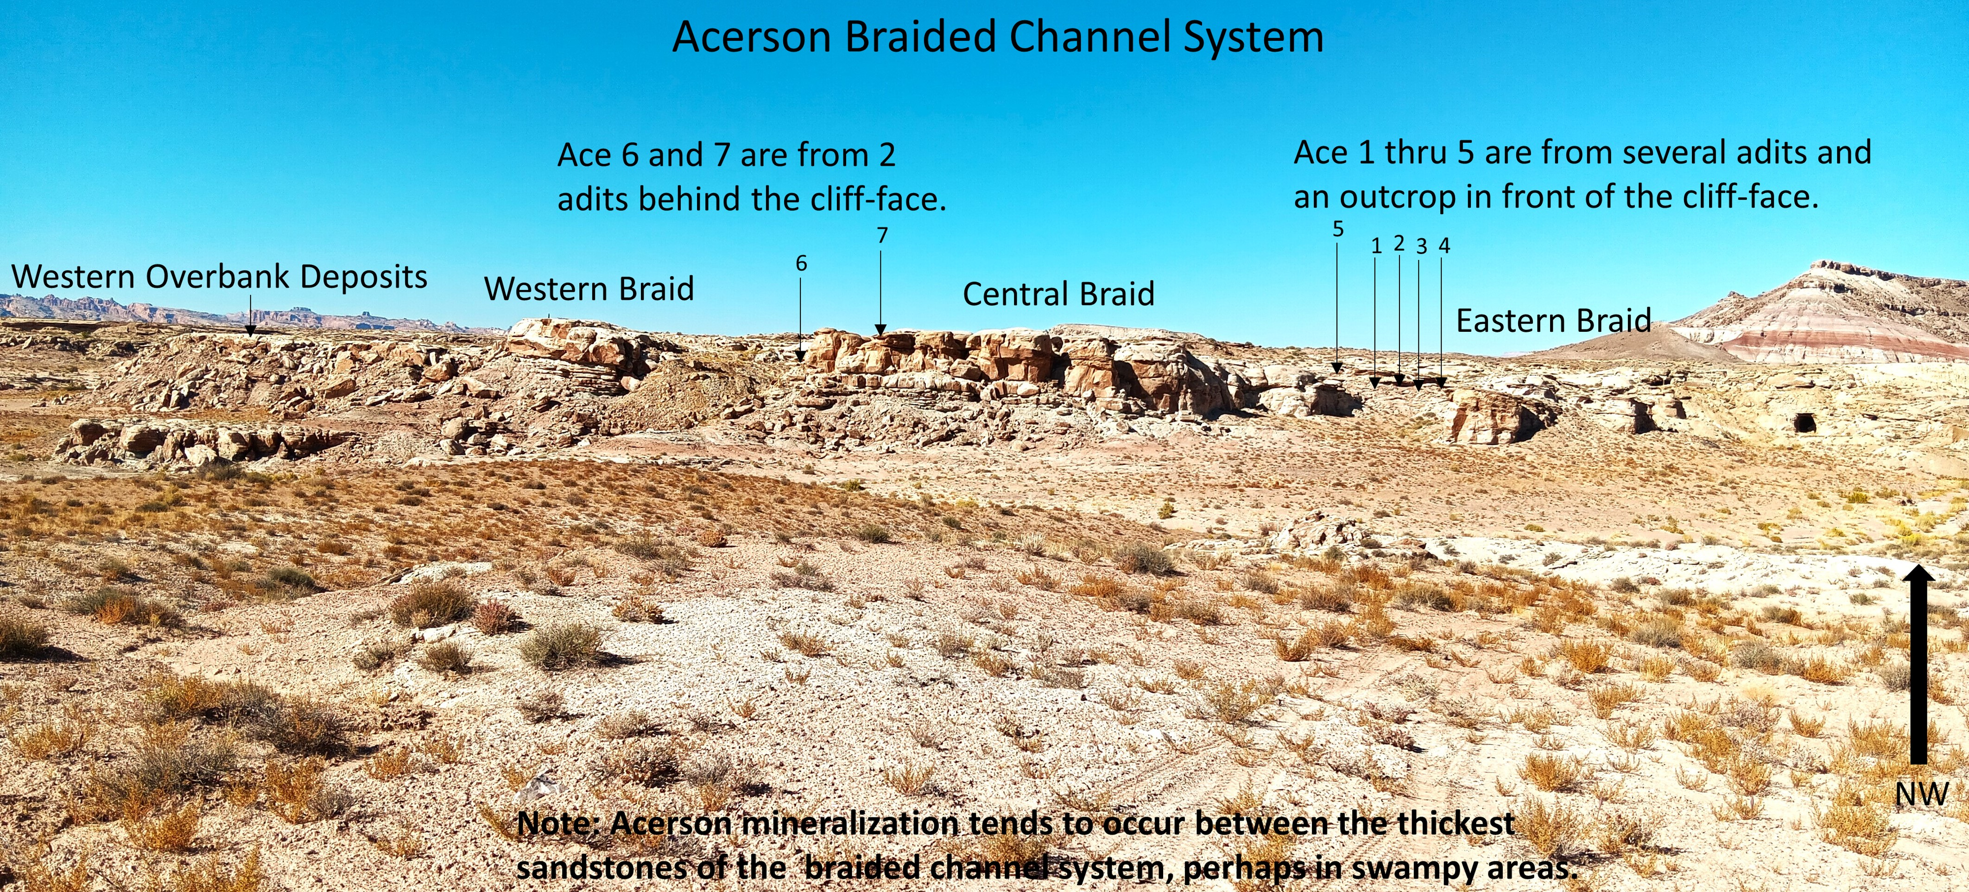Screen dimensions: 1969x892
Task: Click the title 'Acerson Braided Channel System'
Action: click(998, 37)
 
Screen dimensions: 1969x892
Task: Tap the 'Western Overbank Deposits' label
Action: click(219, 277)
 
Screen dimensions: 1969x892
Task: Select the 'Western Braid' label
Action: click(589, 289)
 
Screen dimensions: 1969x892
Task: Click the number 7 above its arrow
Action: click(882, 235)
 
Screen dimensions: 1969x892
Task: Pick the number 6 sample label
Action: click(801, 263)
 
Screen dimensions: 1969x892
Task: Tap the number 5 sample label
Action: click(1338, 228)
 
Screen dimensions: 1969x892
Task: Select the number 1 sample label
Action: click(1376, 246)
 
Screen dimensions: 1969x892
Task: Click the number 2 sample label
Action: click(1399, 243)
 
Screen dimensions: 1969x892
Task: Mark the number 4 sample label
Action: click(1444, 245)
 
